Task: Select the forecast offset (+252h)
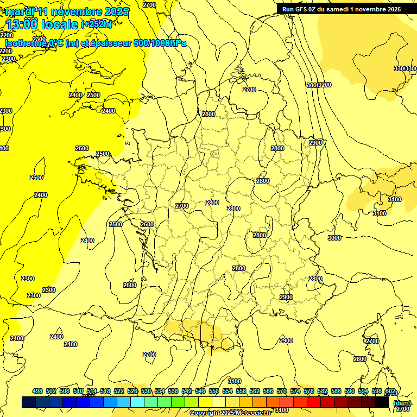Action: tap(97, 24)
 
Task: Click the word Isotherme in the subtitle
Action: tap(26, 43)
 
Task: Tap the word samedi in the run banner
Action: tap(340, 9)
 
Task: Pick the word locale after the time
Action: tap(59, 24)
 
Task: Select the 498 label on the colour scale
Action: tap(37, 391)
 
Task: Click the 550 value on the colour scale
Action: tap(214, 391)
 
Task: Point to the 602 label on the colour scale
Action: tap(390, 391)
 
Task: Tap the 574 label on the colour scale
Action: tap(295, 391)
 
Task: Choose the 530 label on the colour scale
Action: tap(146, 391)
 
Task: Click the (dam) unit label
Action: tap(402, 402)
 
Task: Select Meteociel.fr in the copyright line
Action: tap(254, 413)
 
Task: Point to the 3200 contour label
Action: tap(324, 85)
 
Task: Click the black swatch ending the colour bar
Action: tap(382, 402)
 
